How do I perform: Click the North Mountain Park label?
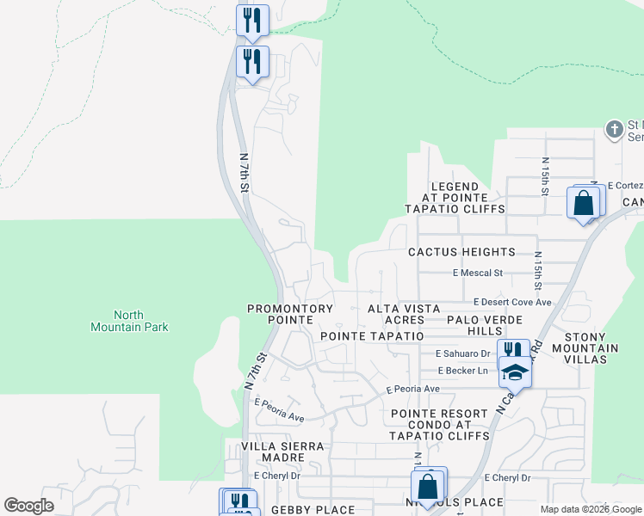tap(129, 321)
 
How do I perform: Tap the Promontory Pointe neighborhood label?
tap(289, 314)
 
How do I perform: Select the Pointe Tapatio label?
tap(372, 335)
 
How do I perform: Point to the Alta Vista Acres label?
tap(404, 314)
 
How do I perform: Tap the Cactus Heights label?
tap(461, 252)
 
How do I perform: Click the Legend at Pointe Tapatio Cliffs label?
tap(455, 198)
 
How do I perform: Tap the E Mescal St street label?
tap(477, 273)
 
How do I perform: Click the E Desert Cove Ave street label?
tap(512, 303)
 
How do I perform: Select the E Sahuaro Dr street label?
tap(462, 353)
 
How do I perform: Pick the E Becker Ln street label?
tap(462, 371)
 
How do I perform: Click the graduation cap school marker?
tap(515, 372)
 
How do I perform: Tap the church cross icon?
tap(614, 130)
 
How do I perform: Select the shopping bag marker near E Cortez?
tap(583, 204)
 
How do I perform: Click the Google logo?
tap(29, 506)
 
